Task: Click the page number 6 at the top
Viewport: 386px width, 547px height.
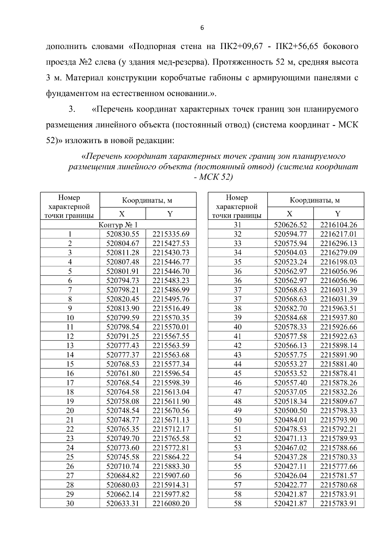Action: coord(202,28)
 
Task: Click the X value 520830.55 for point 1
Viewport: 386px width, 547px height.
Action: coord(123,234)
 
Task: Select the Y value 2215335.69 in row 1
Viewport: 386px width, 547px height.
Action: coord(171,234)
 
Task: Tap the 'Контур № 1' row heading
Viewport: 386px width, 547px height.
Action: coord(118,225)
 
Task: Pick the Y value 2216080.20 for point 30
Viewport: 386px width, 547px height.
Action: coord(171,503)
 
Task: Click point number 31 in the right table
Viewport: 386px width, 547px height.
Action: coord(237,225)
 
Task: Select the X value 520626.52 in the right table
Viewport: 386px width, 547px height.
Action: coord(290,225)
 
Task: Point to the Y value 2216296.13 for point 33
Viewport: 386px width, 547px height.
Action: coord(338,243)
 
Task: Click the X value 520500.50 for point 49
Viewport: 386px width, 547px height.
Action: coord(290,410)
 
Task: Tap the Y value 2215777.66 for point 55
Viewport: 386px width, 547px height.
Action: coord(338,466)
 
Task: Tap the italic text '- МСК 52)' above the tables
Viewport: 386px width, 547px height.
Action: coord(213,177)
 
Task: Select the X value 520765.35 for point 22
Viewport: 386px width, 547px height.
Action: coord(123,429)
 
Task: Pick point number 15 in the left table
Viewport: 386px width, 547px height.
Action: coord(70,364)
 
